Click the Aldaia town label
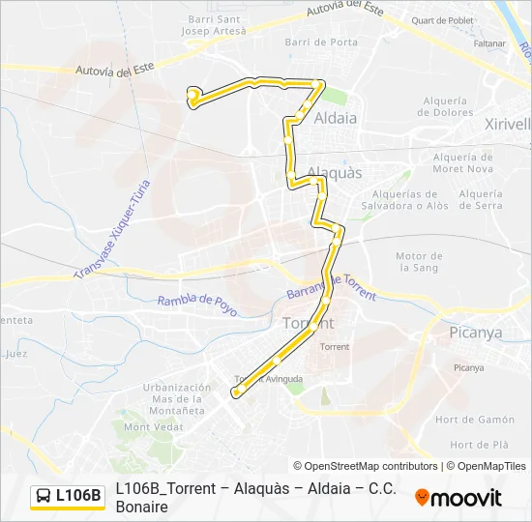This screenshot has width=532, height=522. [x=336, y=118]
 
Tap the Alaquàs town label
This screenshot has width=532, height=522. [x=334, y=172]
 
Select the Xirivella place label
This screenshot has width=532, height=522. [x=507, y=124]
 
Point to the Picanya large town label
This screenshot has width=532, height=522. [x=476, y=333]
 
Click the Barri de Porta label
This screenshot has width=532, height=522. [x=322, y=43]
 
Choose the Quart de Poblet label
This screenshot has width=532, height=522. [x=442, y=19]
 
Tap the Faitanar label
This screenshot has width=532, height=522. [x=490, y=43]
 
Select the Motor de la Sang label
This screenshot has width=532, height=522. [x=419, y=261]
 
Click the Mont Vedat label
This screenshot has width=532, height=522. [x=152, y=426]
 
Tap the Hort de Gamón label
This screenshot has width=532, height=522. [x=475, y=420]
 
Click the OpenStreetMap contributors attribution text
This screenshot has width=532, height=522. [x=366, y=466]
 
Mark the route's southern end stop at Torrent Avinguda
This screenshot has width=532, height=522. [x=235, y=392]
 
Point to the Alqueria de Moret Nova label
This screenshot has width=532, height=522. [x=462, y=163]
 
